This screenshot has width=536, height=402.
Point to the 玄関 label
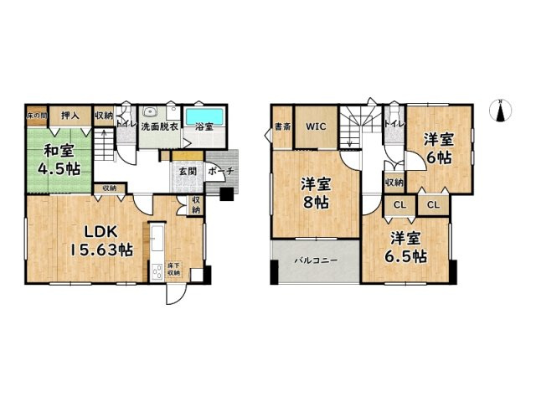pyautogui.click(x=186, y=172)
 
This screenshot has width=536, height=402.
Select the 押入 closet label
pyautogui.click(x=71, y=116)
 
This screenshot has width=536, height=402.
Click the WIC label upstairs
pyautogui.click(x=316, y=126)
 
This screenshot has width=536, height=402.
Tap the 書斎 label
pyautogui.click(x=282, y=128)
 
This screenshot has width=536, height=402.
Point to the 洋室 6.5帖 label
pyautogui.click(x=405, y=247)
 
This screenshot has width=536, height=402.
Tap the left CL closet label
pyautogui.click(x=399, y=204)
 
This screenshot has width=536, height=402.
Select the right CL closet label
pyautogui.click(x=433, y=204)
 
